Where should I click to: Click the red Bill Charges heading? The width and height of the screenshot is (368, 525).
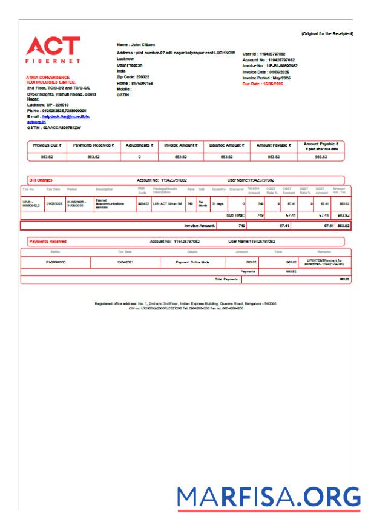pyautogui.click(x=41, y=180)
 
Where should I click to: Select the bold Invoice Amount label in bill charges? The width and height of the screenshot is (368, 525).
pyautogui.click(x=200, y=225)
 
